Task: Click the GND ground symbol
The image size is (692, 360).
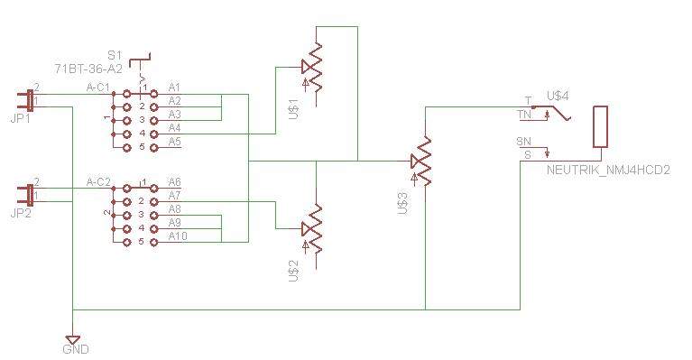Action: click(x=72, y=340)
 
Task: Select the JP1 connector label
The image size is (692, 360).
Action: click(x=21, y=119)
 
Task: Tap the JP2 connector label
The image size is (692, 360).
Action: click(x=21, y=214)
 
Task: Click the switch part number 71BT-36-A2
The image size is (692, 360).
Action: click(x=88, y=69)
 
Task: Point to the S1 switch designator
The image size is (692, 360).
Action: click(x=115, y=56)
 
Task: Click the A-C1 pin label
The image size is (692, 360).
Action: click(x=98, y=88)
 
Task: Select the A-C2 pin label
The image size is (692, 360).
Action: click(x=98, y=181)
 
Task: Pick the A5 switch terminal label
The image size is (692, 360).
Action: click(x=175, y=142)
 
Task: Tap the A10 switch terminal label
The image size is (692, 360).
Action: click(x=178, y=236)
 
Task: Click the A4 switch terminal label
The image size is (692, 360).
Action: click(x=175, y=128)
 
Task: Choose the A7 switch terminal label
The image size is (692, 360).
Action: click(x=175, y=196)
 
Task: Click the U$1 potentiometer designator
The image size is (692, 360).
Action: click(x=293, y=108)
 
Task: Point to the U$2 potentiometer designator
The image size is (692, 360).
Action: click(x=293, y=271)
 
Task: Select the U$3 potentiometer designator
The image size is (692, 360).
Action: click(x=402, y=203)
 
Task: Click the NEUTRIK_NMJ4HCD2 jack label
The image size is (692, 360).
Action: click(x=608, y=170)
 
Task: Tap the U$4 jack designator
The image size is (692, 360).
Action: click(x=558, y=96)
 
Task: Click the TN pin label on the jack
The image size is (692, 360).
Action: click(x=525, y=115)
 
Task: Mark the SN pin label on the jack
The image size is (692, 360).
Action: click(x=524, y=142)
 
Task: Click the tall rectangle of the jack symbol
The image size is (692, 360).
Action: click(x=600, y=126)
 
